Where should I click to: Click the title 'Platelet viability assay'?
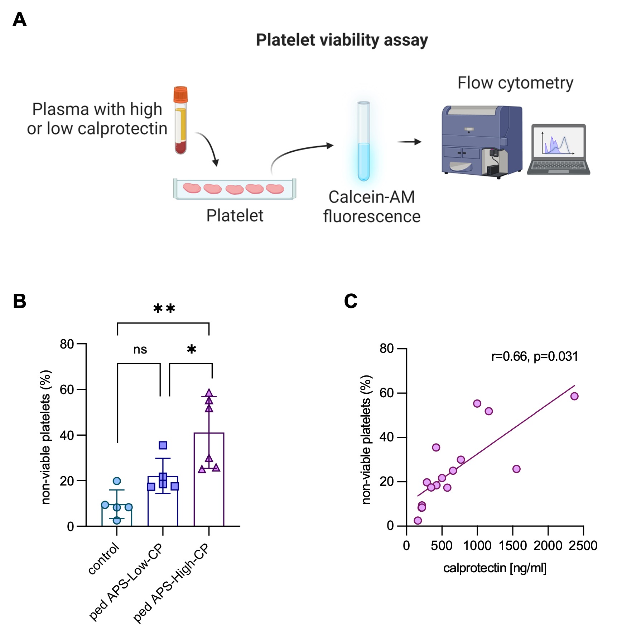[x=342, y=40]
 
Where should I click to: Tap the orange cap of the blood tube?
[x=180, y=94]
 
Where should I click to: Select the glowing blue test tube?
[x=363, y=142]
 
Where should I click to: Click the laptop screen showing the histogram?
[x=558, y=141]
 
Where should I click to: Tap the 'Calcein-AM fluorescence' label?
[x=372, y=207]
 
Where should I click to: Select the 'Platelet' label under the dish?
[x=235, y=216]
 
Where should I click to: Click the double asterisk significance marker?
[x=164, y=309]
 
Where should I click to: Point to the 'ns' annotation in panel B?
[x=140, y=349]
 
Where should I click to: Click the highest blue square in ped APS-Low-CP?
[x=163, y=445]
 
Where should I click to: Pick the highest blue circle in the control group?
[x=117, y=481]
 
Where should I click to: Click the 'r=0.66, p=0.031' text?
[x=534, y=356]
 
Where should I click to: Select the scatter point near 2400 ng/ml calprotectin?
[x=574, y=396]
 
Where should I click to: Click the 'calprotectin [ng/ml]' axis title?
[x=495, y=568]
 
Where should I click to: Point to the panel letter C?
[x=351, y=301]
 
